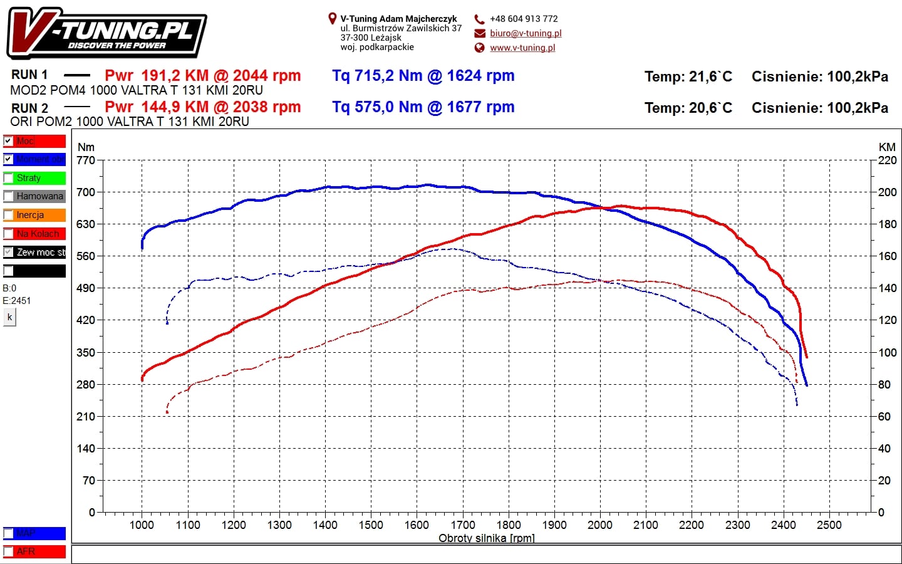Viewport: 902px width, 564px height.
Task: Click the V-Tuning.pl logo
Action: (x=106, y=34)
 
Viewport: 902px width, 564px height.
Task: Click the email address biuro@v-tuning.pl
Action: (x=526, y=33)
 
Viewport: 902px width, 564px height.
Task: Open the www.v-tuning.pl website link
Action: (x=522, y=48)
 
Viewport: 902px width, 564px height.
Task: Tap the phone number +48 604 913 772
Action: (x=524, y=19)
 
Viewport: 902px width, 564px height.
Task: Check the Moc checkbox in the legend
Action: (x=8, y=141)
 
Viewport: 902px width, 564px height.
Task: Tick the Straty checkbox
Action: (x=8, y=178)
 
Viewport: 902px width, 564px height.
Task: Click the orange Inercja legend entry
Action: (x=34, y=215)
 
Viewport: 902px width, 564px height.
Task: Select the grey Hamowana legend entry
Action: (x=34, y=196)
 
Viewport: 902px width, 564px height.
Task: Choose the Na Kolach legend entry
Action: (x=34, y=234)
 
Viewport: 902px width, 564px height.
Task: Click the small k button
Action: (x=9, y=317)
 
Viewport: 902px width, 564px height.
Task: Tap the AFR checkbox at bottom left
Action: (x=8, y=551)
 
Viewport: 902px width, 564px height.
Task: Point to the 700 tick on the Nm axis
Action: (x=86, y=192)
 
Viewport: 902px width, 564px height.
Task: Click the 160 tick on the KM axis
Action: (x=887, y=256)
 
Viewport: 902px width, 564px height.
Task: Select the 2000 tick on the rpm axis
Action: (x=599, y=525)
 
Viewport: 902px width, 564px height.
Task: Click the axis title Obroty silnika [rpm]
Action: (x=486, y=538)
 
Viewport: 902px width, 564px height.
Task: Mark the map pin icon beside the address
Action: (x=333, y=19)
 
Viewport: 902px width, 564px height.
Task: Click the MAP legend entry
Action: (x=34, y=533)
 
